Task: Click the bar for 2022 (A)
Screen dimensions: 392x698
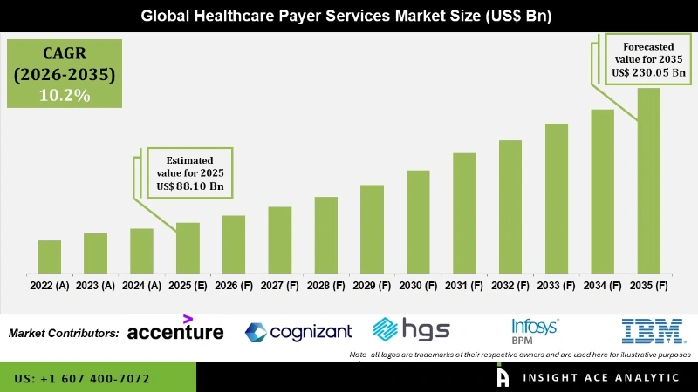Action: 50,257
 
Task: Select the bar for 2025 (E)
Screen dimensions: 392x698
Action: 188,248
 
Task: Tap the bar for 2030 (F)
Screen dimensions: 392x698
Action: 418,222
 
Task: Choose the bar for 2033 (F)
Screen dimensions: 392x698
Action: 557,199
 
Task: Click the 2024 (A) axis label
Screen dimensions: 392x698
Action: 141,285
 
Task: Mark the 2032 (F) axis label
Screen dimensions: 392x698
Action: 510,285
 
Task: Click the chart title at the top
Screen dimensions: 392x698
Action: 349,16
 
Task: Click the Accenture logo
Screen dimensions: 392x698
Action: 175,330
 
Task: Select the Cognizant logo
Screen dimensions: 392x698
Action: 298,331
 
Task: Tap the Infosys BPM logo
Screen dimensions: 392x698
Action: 535,329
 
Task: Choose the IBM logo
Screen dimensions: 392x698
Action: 645,329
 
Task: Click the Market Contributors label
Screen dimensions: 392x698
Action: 64,333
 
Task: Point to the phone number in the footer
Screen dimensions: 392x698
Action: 82,379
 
